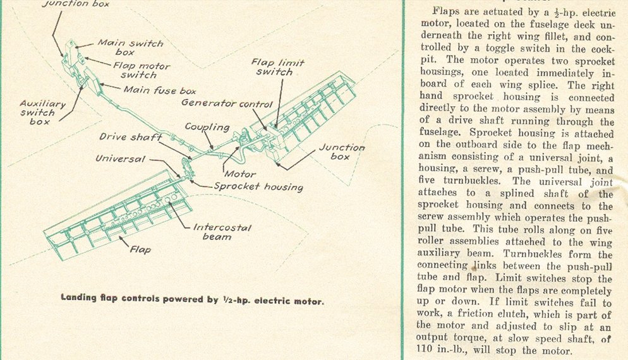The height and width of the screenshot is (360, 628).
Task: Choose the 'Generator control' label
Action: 227,103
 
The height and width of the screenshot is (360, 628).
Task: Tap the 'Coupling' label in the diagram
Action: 207,127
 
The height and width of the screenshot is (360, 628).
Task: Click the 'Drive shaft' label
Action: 130,137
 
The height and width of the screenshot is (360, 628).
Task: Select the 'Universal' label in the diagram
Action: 121,159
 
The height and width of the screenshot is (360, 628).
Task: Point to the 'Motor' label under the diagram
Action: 240,174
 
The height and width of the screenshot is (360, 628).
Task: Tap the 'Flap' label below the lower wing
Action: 140,250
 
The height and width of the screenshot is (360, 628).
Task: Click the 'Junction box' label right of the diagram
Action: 341,152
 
